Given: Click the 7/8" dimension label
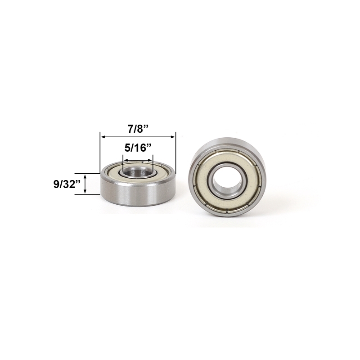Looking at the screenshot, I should point(138,129).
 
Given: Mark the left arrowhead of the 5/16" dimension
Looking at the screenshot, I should point(125,160).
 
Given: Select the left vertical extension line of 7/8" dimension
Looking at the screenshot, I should point(100,153).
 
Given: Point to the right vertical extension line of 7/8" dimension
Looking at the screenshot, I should point(175,153).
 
